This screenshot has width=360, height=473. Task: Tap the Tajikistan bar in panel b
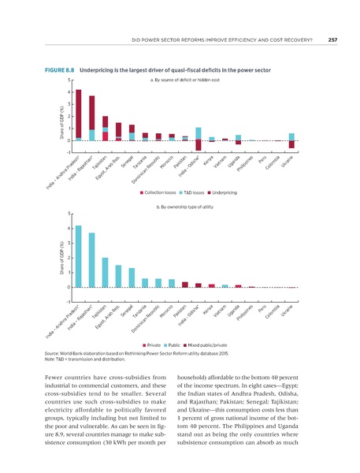[x=106, y=272]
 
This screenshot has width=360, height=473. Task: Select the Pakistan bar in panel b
[x=185, y=285]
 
